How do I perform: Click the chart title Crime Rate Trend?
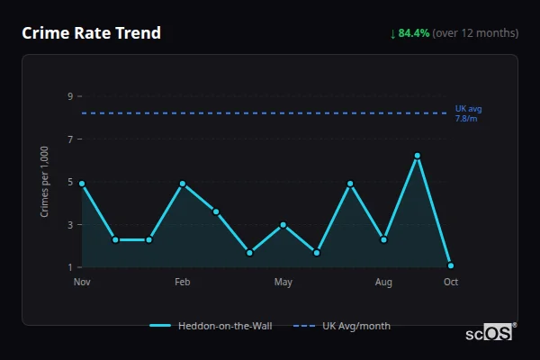coord(91,33)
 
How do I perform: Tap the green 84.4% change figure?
coord(414,33)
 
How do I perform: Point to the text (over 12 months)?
coord(475,33)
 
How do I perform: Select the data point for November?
coord(82,184)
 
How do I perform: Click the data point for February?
coord(183,184)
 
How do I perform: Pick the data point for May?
coord(283,224)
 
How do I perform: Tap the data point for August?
coord(383,239)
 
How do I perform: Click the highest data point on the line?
coord(417,156)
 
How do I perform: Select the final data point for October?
coord(450,265)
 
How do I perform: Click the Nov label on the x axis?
coord(82,283)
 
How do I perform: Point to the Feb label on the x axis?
coord(183,283)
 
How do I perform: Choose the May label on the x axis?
coord(283,283)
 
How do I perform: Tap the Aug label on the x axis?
coord(383,283)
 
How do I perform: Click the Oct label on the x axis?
coord(450,283)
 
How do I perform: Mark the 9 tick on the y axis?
coord(69,96)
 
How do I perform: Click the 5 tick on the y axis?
coord(69,182)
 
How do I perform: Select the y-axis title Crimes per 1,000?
coord(45,182)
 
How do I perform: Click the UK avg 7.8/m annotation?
coord(468,113)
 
